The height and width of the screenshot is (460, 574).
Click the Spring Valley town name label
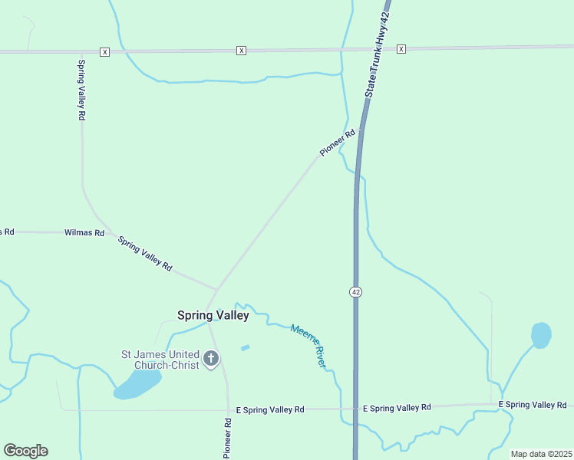click(x=213, y=315)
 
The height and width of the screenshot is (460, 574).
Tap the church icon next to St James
click(x=211, y=358)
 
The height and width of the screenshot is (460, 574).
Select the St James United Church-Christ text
click(x=160, y=360)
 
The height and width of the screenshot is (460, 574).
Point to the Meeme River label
click(x=308, y=345)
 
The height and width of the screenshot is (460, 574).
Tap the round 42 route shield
click(x=355, y=292)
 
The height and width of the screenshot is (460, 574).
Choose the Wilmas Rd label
click(x=84, y=232)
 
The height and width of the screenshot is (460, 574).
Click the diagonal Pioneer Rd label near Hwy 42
click(x=338, y=143)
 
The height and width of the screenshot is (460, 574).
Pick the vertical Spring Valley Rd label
click(x=81, y=90)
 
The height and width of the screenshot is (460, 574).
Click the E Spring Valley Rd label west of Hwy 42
click(x=270, y=410)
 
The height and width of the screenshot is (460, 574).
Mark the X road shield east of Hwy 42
click(x=401, y=49)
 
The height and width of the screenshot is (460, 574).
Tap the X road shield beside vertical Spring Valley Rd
click(x=104, y=51)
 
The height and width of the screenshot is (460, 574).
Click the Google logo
click(x=25, y=451)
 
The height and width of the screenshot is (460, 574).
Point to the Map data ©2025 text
click(x=541, y=454)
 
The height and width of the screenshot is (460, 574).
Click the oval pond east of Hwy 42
click(x=541, y=335)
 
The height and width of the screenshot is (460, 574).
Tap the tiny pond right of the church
click(x=245, y=348)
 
